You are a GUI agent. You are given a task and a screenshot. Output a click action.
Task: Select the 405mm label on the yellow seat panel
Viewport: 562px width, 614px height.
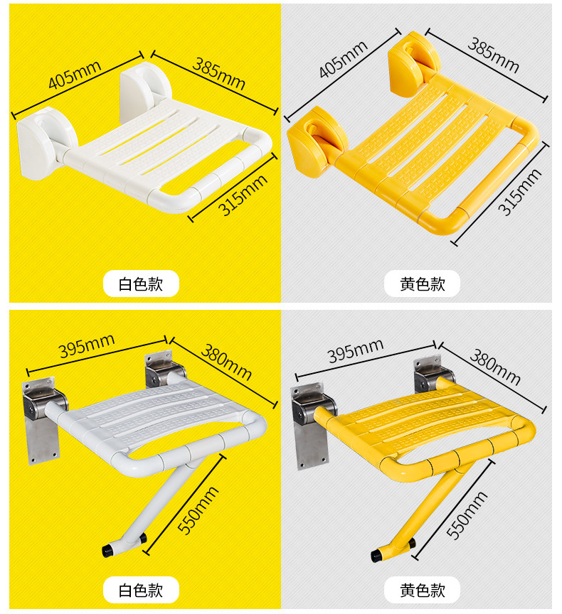(x=344, y=61)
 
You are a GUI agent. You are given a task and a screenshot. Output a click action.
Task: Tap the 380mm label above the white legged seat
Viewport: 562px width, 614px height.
(x=227, y=361)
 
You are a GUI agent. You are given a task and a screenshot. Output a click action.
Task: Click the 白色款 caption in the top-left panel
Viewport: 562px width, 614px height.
(x=141, y=284)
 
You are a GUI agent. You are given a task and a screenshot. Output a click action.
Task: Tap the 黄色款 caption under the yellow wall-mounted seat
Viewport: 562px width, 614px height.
(x=422, y=284)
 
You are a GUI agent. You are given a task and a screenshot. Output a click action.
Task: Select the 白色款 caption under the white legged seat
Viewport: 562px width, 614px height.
(x=141, y=589)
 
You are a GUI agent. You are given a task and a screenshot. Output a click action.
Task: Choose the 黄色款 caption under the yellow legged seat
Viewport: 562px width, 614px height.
(x=422, y=589)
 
